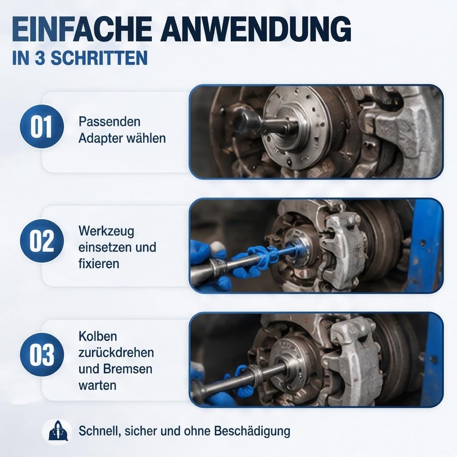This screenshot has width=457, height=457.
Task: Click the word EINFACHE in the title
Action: point(82,29)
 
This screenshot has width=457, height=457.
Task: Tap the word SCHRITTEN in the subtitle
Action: point(99,58)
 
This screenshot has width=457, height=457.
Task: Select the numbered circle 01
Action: point(42,126)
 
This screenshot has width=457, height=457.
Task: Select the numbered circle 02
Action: point(42,241)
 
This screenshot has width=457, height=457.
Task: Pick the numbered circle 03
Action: point(42,354)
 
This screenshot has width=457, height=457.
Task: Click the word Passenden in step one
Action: point(109,121)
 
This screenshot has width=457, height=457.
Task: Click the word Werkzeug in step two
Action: point(106,232)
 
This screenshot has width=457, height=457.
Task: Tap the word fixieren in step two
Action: point(99,263)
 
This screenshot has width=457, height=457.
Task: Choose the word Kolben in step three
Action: point(98,337)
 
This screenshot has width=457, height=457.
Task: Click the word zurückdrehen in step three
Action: point(116,353)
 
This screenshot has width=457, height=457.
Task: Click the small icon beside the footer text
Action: point(57,432)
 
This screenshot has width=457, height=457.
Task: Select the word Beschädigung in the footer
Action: point(252,431)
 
